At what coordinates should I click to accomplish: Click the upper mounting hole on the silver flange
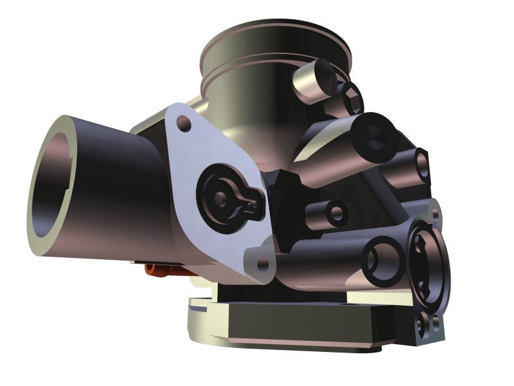coord(184,122)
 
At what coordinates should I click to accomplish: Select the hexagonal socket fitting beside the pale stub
coord(352,96)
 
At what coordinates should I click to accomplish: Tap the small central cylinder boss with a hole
coord(335,212)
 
